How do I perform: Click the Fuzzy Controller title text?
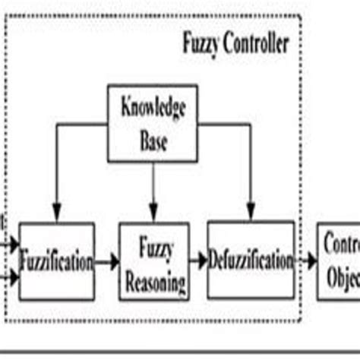click(x=235, y=43)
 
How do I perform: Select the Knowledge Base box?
click(x=153, y=124)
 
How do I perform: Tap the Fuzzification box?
click(x=56, y=261)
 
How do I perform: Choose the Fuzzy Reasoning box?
click(x=154, y=261)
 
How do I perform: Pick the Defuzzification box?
click(x=250, y=259)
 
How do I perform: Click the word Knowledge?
click(x=153, y=109)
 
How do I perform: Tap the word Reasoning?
click(x=154, y=283)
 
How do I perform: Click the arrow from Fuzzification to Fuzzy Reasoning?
click(x=107, y=262)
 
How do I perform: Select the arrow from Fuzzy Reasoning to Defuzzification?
click(x=198, y=261)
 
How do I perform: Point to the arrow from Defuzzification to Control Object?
click(x=305, y=261)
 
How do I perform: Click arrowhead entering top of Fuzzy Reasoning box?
click(x=153, y=216)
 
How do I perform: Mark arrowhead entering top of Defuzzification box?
click(x=251, y=215)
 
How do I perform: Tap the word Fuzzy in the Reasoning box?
click(x=154, y=248)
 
